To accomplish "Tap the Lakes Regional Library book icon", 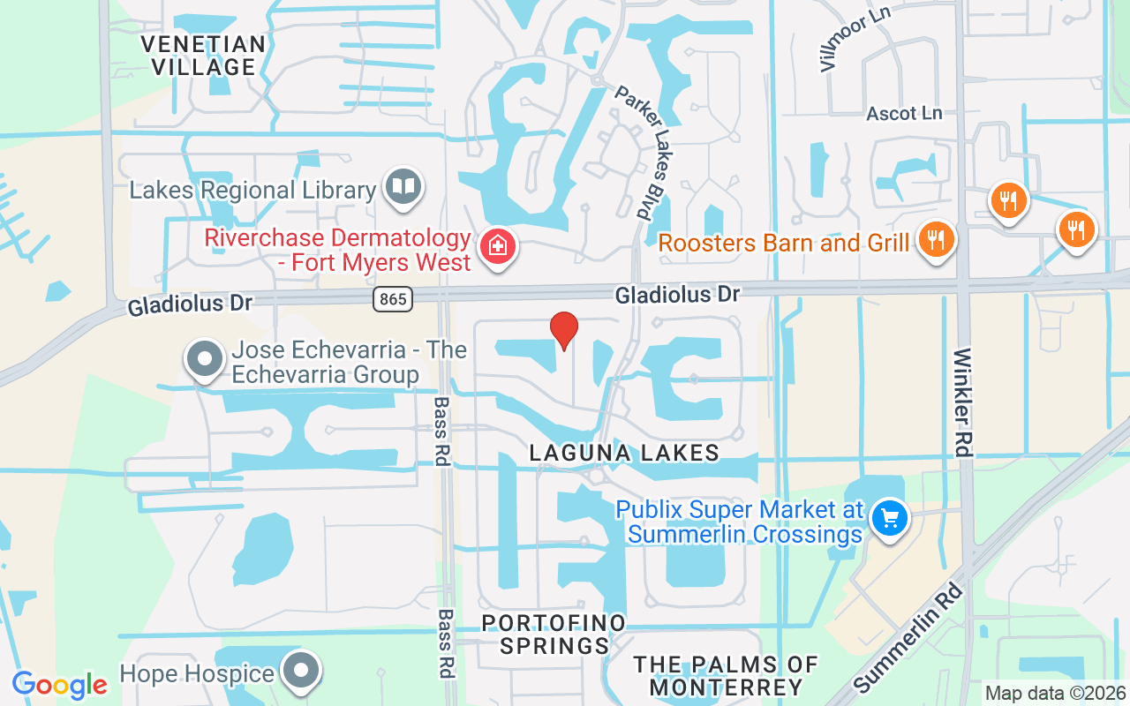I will [x=404, y=186].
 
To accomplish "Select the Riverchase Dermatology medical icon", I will [x=497, y=246].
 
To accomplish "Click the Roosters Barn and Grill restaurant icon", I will [x=936, y=239].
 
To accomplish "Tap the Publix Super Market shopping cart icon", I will [x=889, y=518].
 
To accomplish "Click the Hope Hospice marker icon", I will [x=301, y=671].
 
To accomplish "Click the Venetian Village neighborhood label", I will [x=203, y=56].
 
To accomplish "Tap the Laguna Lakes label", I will [x=624, y=453].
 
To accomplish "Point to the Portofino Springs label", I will [x=554, y=635].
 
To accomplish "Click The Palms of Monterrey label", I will [x=726, y=675].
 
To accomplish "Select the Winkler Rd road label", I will [x=963, y=402].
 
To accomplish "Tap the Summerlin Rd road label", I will [x=908, y=639].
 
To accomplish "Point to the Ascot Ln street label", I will [x=904, y=114].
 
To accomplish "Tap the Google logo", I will [x=59, y=685].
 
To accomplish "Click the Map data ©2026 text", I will [x=1055, y=694].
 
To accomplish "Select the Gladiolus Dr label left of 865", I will [x=190, y=304].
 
